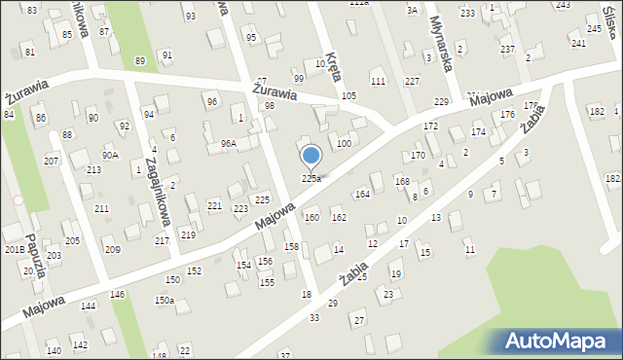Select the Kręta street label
[x=333, y=67]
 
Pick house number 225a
[x=311, y=178]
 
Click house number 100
[x=344, y=144]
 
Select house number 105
[x=348, y=96]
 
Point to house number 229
[x=441, y=102]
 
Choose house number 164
[x=362, y=195]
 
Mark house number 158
[x=291, y=247]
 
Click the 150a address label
[x=165, y=301]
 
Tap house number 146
[x=117, y=294]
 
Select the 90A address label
[x=110, y=155]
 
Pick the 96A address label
[x=229, y=144]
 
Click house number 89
[x=140, y=61]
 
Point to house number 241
[x=578, y=44]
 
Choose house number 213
[x=93, y=170]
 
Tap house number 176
[x=507, y=115]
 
